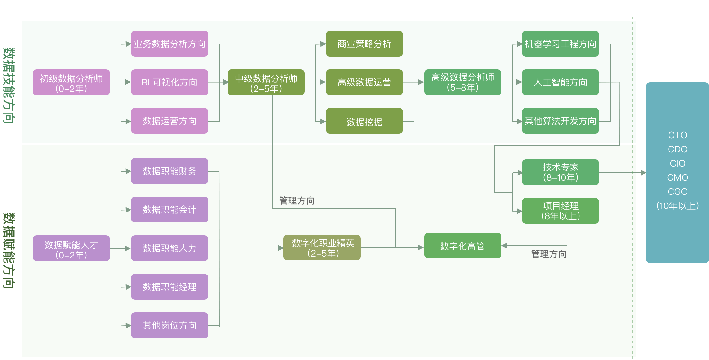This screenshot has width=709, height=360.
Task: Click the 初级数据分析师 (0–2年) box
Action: point(71,82)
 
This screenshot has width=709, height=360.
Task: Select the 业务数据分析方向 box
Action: point(169,44)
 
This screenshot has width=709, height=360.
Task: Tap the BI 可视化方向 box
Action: point(169,82)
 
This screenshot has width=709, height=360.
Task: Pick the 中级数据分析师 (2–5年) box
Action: point(266,82)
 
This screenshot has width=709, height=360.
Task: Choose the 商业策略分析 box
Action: point(364,44)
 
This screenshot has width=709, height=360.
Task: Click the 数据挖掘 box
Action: point(364,121)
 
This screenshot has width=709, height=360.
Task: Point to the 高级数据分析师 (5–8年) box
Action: point(462,82)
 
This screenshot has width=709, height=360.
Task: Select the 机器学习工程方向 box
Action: point(560,44)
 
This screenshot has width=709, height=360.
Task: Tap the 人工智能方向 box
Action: point(560,82)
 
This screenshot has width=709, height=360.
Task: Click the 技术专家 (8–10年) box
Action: point(560,172)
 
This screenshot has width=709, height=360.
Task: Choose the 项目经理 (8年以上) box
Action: point(560,211)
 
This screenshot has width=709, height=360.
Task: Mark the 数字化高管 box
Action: point(462,246)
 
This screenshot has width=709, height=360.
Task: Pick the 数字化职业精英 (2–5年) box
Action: point(322,248)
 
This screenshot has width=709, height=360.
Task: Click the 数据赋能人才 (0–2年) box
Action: point(71,248)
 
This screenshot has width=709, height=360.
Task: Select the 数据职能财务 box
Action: point(169,171)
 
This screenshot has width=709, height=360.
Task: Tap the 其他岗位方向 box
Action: point(169,325)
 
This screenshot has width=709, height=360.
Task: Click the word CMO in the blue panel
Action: point(678,177)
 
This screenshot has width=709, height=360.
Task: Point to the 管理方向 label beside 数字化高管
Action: point(549,254)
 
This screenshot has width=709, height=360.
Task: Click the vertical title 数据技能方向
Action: point(9,85)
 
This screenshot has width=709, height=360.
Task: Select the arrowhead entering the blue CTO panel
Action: point(643,173)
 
